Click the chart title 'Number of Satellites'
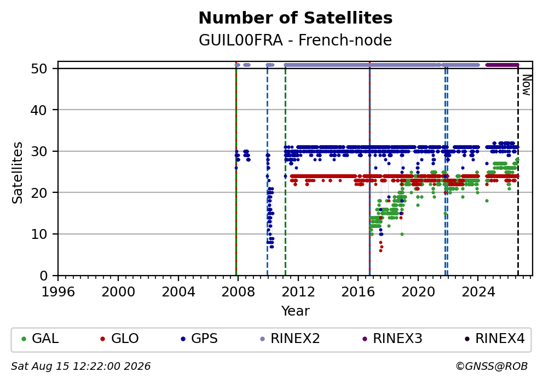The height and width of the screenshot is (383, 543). [296, 18]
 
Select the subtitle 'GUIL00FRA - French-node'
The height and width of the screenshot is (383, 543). [296, 40]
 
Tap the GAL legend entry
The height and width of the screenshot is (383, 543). [40, 338]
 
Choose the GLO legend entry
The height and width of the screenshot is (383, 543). [119, 338]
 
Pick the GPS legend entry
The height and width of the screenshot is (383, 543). [199, 338]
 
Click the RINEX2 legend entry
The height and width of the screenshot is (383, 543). [290, 338]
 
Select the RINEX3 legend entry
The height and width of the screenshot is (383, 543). [392, 338]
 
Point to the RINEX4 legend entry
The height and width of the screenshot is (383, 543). [494, 338]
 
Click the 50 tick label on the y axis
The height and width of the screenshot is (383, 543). [39, 68]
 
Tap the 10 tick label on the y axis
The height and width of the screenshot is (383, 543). [39, 235]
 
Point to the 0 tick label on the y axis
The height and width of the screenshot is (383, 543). [44, 276]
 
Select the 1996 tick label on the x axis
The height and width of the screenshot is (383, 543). [58, 292]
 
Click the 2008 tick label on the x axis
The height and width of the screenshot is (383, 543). [238, 292]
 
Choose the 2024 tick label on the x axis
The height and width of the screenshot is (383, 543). [478, 292]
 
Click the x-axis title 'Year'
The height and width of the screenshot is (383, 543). [296, 311]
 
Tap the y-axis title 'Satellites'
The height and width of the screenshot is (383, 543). [18, 173]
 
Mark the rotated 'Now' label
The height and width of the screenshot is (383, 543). [527, 85]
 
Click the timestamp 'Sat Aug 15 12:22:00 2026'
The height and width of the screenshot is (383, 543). [80, 367]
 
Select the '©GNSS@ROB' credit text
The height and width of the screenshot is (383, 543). [492, 367]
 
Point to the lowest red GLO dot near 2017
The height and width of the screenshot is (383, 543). [380, 250]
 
